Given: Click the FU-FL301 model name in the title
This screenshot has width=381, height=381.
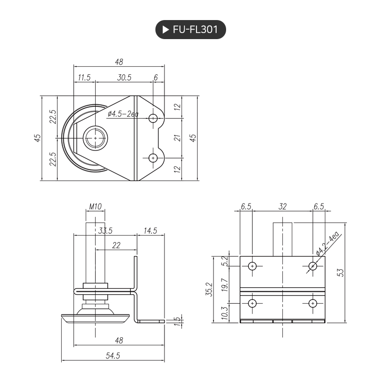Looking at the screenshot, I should click(x=195, y=30).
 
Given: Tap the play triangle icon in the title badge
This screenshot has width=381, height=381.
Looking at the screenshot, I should click(x=164, y=30).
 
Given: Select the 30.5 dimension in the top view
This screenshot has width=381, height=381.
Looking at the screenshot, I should click(x=124, y=78).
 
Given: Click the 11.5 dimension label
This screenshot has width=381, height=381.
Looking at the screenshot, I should click(x=83, y=78).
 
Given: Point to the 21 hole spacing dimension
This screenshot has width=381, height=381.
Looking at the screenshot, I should click(x=176, y=138).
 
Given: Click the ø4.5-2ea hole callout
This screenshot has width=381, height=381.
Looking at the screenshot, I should click(x=122, y=114).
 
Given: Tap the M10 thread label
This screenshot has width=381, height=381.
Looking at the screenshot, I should click(x=95, y=206).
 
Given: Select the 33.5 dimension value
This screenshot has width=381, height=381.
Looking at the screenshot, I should click(x=105, y=231).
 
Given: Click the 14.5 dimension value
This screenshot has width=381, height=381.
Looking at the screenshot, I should click(x=150, y=231).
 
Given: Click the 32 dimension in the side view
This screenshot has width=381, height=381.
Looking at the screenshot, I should click(x=282, y=206).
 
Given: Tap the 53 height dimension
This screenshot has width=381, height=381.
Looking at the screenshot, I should click(x=341, y=272).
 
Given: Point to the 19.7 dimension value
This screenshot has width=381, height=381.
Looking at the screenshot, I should click(x=226, y=284).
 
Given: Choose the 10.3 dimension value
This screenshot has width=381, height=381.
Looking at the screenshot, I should click(x=226, y=313).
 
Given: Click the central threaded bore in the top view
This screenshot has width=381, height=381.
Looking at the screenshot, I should click(x=95, y=138).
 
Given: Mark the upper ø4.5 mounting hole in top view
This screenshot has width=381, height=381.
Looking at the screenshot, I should click(x=153, y=118).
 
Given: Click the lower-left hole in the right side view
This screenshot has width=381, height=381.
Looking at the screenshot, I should click(x=252, y=303).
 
